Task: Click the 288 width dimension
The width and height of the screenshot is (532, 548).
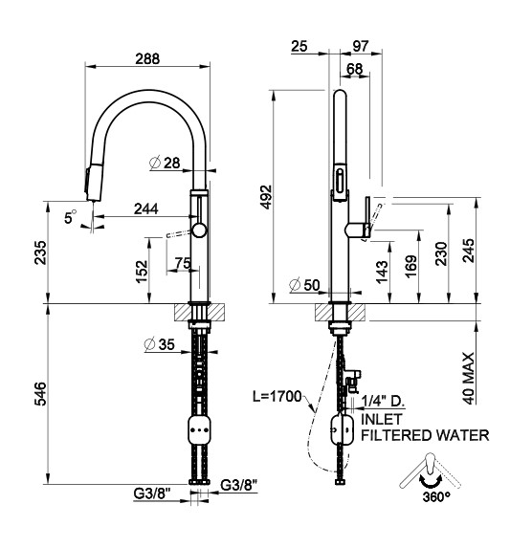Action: (x=147, y=58)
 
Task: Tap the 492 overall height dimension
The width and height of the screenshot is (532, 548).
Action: (x=267, y=197)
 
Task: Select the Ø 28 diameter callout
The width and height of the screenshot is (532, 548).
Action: (x=165, y=163)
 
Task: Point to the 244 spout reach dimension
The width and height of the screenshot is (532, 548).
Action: (x=146, y=209)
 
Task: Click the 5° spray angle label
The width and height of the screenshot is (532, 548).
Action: (x=70, y=217)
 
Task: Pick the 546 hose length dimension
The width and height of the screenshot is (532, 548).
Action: (x=40, y=394)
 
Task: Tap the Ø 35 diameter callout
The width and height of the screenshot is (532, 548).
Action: (x=159, y=344)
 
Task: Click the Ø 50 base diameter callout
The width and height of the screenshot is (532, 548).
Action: (x=304, y=285)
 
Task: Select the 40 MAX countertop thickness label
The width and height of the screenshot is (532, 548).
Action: (x=469, y=378)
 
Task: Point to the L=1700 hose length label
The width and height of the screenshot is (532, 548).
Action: (x=277, y=396)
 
